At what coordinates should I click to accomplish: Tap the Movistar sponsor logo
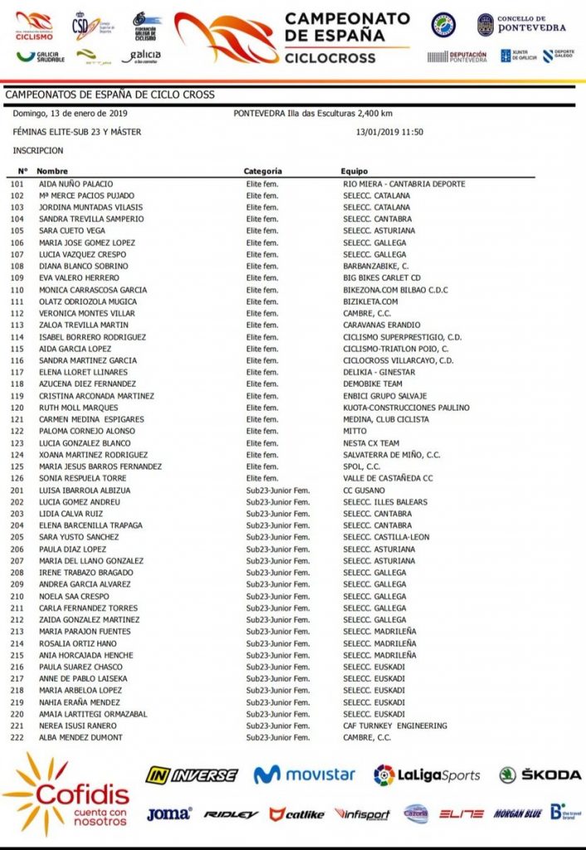pyautogui.click(x=304, y=774)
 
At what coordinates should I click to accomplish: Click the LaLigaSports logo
pyautogui.click(x=427, y=774)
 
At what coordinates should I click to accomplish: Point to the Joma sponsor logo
pyautogui.click(x=168, y=814)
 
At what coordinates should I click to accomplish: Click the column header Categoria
pyautogui.click(x=263, y=171)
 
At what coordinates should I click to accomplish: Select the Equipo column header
pyautogui.click(x=354, y=171)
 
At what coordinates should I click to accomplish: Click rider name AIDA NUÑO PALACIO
pyautogui.click(x=76, y=183)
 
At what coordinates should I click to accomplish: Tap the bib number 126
pyautogui.click(x=16, y=478)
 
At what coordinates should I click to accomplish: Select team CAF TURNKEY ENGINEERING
pyautogui.click(x=395, y=725)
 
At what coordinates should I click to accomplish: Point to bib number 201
pyautogui.click(x=16, y=490)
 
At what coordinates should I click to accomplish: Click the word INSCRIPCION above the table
pyautogui.click(x=38, y=151)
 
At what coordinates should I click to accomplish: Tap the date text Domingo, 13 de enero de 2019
pyautogui.click(x=70, y=114)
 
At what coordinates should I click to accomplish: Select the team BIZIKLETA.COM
pyautogui.click(x=370, y=301)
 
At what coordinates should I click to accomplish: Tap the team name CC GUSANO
pyautogui.click(x=365, y=490)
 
